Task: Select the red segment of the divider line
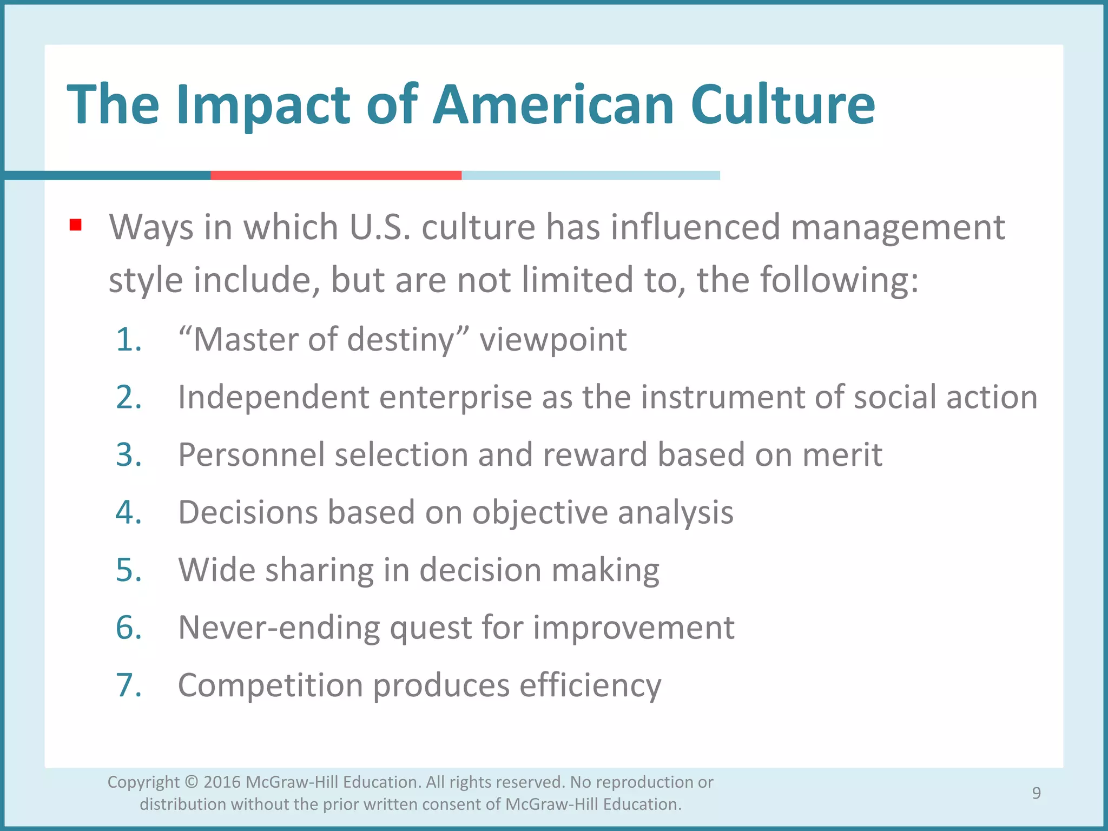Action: click(x=335, y=175)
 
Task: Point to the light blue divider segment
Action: click(x=590, y=175)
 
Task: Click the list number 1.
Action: click(x=129, y=340)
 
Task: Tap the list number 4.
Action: click(x=129, y=512)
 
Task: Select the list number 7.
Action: click(x=129, y=685)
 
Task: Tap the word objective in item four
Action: click(x=539, y=512)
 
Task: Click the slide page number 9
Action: click(x=1036, y=793)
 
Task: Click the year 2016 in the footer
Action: click(x=222, y=782)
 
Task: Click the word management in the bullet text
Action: click(x=898, y=227)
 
